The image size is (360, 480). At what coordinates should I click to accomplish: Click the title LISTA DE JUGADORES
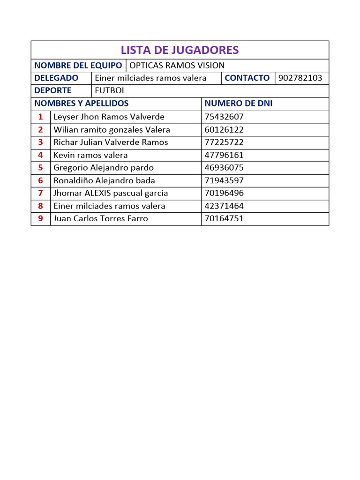pos(180,50)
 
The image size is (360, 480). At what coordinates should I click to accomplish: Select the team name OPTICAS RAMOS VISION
pos(177,66)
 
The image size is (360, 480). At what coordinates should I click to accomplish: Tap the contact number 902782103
pos(300,78)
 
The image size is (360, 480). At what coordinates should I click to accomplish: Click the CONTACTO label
pos(247,78)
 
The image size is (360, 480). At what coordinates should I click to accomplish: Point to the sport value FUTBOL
pos(110,91)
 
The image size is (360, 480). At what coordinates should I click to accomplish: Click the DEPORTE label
pos(53,91)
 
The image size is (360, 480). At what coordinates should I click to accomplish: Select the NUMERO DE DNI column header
pos(239,104)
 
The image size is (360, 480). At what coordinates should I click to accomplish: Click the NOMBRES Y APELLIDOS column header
pos(82,104)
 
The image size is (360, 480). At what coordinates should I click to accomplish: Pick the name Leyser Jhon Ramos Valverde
pos(109,117)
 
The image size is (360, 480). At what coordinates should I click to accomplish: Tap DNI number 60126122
pos(224,130)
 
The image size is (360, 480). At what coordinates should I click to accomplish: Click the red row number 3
pos(41,142)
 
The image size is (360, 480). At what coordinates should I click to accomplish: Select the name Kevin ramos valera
pos(90,155)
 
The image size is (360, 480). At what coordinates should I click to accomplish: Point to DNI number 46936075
pos(224,168)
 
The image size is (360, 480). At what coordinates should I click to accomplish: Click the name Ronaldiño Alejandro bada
pos(104,180)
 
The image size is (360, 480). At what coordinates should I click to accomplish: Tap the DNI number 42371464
pos(224,206)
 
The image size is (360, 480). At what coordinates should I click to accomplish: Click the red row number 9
pos(41,218)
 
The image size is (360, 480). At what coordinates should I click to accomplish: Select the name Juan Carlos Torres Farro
pos(101,218)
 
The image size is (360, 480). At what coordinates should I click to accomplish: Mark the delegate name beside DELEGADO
pos(150,78)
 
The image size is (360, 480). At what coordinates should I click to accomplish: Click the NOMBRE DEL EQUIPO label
pos(78,66)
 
